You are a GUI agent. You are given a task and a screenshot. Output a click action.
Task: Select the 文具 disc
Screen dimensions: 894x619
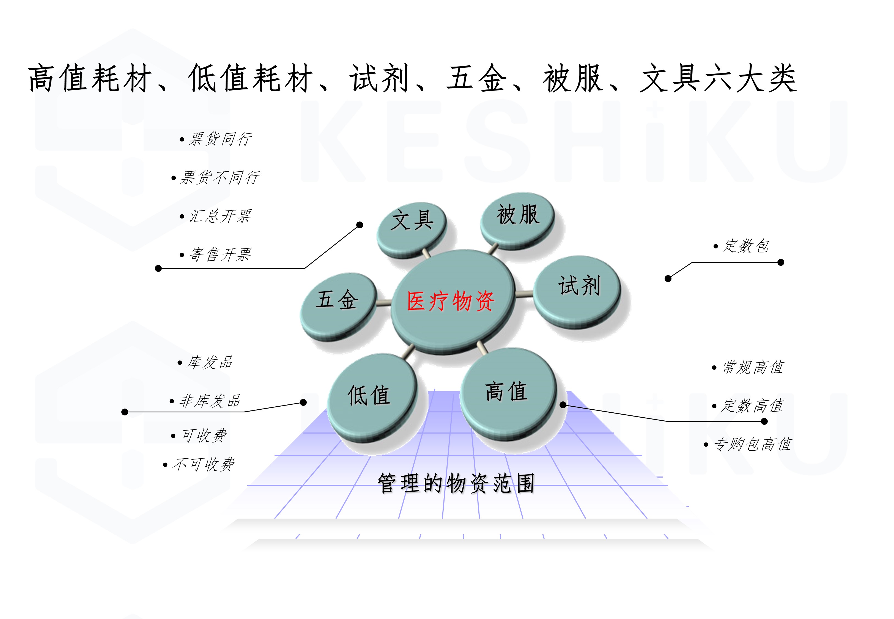pos(412,230)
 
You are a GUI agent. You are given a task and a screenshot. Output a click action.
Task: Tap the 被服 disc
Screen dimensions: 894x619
pos(517,220)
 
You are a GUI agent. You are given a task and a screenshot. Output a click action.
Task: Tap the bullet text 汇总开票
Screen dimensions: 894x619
pos(220,216)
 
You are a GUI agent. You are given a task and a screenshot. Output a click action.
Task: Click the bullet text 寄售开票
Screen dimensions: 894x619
pos(220,254)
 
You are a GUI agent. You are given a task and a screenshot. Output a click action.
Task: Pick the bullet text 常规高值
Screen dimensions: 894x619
pos(753,367)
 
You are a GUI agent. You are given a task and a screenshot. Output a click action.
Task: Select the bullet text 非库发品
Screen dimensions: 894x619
pos(210,401)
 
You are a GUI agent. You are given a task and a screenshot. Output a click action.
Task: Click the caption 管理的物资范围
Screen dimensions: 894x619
pos(456,483)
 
